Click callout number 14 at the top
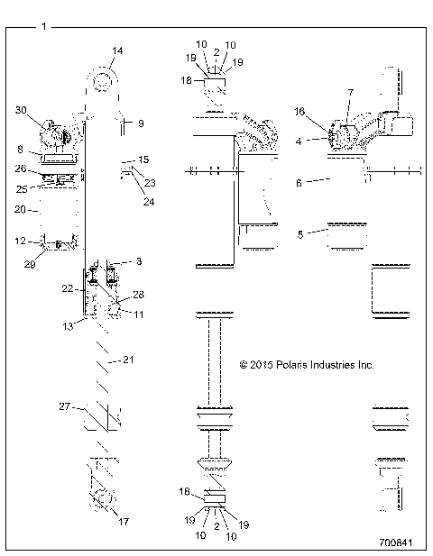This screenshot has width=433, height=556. pos(116,50)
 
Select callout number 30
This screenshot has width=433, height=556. pos(21,109)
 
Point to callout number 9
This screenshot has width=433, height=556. pos(140,122)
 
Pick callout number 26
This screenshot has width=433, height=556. pos(21,168)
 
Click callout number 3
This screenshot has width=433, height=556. pos(138,260)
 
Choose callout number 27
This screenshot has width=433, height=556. pos(64,406)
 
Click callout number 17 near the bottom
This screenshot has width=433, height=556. pos(123,521)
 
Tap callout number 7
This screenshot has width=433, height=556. pos(352,94)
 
